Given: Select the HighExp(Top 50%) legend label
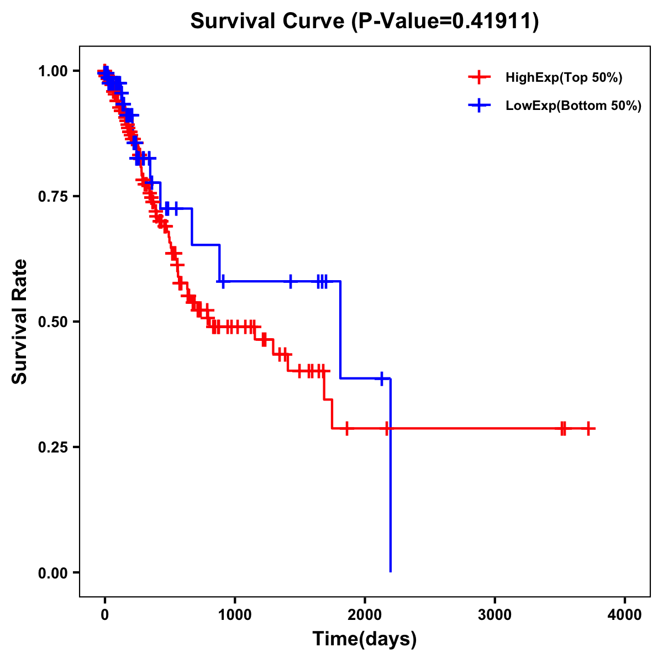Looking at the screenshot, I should (x=564, y=78).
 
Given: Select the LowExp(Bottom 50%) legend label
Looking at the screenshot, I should (x=573, y=106).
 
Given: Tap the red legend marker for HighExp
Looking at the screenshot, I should (x=479, y=78).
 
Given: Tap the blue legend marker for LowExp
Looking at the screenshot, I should (x=479, y=106).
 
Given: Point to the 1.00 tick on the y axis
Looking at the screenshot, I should (x=53, y=71).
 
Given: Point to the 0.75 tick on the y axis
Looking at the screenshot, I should (x=53, y=196).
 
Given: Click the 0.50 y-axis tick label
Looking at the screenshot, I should (x=53, y=322).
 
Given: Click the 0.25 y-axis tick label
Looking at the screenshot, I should (x=53, y=447).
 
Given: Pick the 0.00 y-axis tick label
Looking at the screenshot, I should (x=53, y=572).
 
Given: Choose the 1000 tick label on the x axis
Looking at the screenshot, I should (x=235, y=615).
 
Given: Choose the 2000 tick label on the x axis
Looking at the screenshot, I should (x=365, y=615).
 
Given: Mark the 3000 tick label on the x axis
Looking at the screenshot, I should (x=494, y=615).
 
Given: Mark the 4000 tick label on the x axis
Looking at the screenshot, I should (x=625, y=615).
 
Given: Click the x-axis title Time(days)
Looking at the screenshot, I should (x=365, y=639).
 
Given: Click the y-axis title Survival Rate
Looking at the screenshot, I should (x=20, y=322).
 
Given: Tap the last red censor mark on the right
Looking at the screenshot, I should (x=589, y=428).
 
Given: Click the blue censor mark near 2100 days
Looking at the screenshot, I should (x=381, y=378).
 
